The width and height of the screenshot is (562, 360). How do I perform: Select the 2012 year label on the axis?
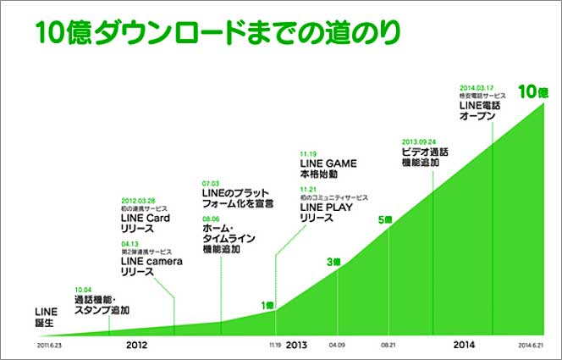tap(138, 345)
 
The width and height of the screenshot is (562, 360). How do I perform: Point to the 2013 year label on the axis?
tap(296, 345)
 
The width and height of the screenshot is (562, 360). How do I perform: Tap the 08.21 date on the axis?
tap(388, 346)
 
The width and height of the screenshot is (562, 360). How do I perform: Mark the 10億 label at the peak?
tap(533, 91)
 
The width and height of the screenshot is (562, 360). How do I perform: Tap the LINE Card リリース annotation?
tap(146, 223)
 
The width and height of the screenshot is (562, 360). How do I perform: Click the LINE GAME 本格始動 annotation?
tap(328, 169)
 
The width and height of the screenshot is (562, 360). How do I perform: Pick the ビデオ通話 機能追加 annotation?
tap(425, 157)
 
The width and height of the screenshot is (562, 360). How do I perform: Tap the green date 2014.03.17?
tap(477, 86)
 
